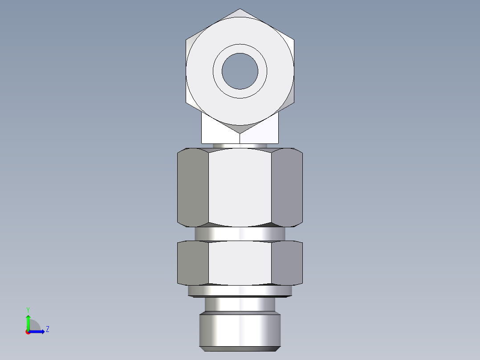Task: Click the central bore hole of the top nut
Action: click(x=240, y=71)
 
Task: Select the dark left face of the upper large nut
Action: click(x=193, y=187)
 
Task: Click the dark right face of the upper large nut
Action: click(x=287, y=187)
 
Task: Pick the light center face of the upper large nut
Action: click(x=240, y=187)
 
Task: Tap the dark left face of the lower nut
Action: click(x=193, y=263)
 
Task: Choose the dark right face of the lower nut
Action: click(x=287, y=263)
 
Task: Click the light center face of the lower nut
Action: click(x=240, y=263)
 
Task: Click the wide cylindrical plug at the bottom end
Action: click(x=240, y=330)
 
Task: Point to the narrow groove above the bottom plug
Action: click(x=240, y=305)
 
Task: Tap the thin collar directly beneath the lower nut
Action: click(x=240, y=291)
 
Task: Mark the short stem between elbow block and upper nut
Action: click(x=240, y=146)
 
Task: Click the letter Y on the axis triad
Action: click(x=28, y=309)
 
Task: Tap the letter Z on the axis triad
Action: click(x=47, y=329)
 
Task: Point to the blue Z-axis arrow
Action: click(x=38, y=331)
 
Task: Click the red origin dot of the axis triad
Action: click(x=28, y=332)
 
